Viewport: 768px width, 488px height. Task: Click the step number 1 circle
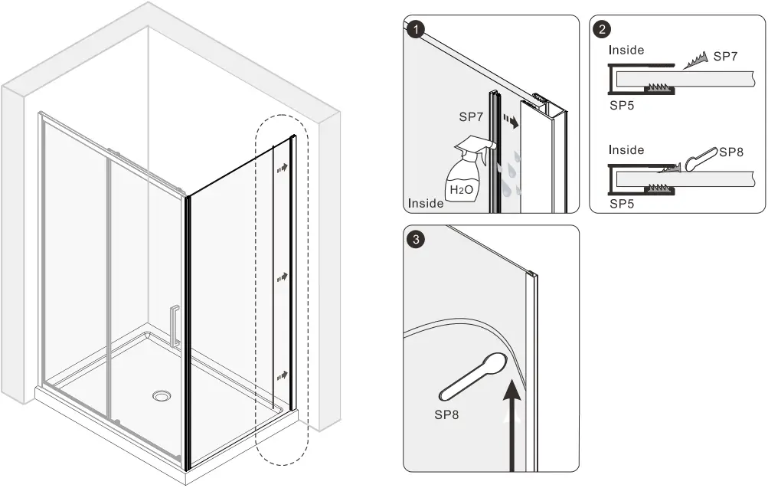(x=416, y=30)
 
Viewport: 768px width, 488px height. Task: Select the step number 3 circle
(x=416, y=240)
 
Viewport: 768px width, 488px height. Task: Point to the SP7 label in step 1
(x=472, y=117)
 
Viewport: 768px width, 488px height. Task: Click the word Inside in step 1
(x=426, y=203)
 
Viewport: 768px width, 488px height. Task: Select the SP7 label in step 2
(x=726, y=57)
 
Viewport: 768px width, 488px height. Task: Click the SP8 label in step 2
(x=732, y=152)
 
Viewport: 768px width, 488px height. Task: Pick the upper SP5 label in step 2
(x=623, y=106)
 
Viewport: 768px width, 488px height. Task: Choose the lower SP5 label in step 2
(x=623, y=205)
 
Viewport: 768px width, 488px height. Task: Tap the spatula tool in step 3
(x=473, y=377)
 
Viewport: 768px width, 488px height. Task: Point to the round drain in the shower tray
(x=162, y=396)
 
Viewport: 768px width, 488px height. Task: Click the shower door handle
(x=175, y=326)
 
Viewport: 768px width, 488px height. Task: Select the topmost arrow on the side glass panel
(x=283, y=167)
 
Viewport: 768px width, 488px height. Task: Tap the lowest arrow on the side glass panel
(x=283, y=375)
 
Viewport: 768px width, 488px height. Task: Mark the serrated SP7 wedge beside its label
(x=693, y=60)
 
